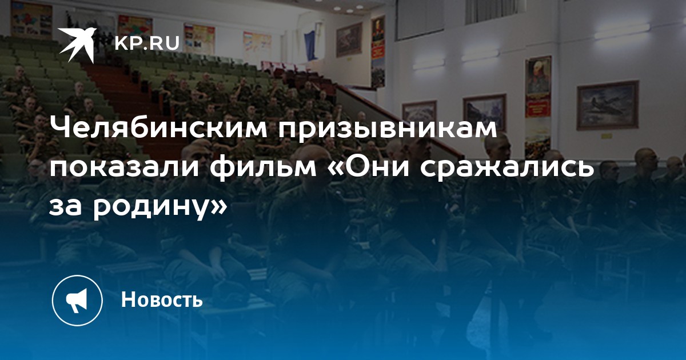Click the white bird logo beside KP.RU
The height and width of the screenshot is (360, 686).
(77, 45)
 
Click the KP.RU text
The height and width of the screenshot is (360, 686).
(147, 43)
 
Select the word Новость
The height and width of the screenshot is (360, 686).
(162, 299)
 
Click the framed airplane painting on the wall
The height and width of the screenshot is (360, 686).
(607, 106)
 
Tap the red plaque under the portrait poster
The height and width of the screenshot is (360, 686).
(538, 107)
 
